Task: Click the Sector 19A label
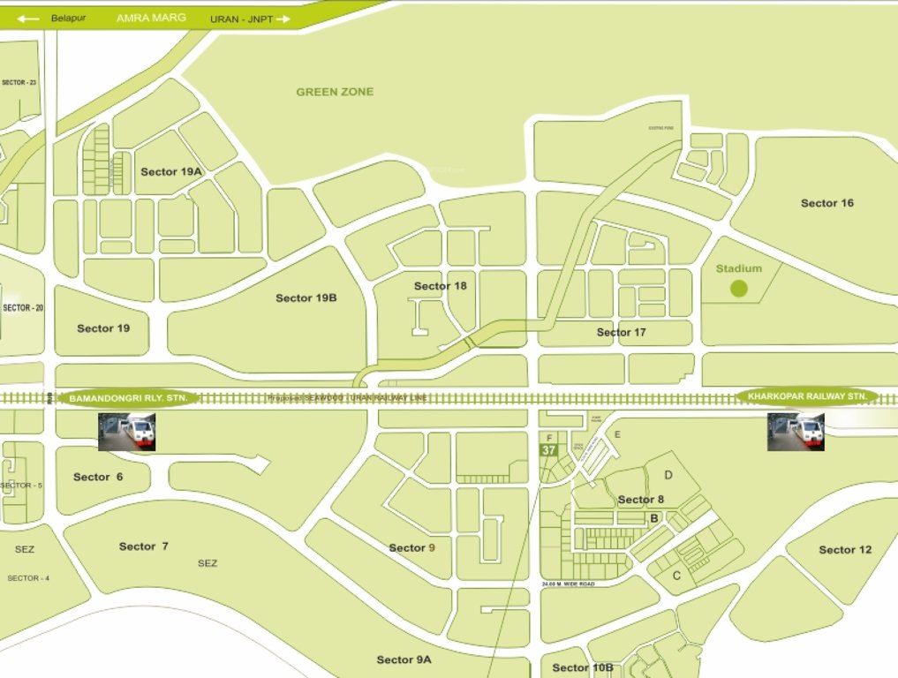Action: [171, 172]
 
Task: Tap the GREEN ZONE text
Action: [335, 92]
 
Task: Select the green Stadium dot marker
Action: [739, 288]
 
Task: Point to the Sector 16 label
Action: [827, 203]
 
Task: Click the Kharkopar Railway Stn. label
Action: [807, 396]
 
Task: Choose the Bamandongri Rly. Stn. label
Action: [128, 399]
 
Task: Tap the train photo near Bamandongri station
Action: [126, 433]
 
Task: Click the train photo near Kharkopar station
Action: [796, 432]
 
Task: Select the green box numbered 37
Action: [549, 450]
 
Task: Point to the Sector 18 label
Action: [440, 286]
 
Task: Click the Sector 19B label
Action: [306, 298]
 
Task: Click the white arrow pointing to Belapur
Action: [28, 18]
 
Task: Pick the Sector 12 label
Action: [845, 550]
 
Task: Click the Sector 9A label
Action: [404, 659]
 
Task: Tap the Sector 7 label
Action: [143, 546]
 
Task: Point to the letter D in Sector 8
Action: [668, 475]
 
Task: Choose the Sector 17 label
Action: [621, 333]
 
